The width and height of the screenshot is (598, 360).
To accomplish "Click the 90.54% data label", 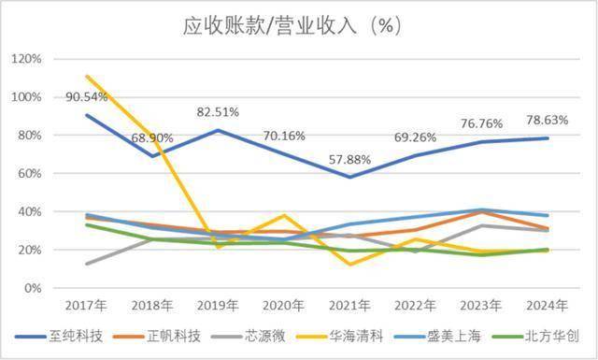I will (x=87, y=96).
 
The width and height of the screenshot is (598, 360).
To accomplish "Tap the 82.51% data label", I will (x=218, y=112).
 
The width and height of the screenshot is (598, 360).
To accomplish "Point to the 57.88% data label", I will (x=351, y=159).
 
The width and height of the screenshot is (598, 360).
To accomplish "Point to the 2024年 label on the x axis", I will (x=547, y=306).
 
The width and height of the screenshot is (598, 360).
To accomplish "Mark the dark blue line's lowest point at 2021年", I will (x=349, y=177).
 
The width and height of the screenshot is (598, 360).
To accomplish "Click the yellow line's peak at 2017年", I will (x=86, y=76).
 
